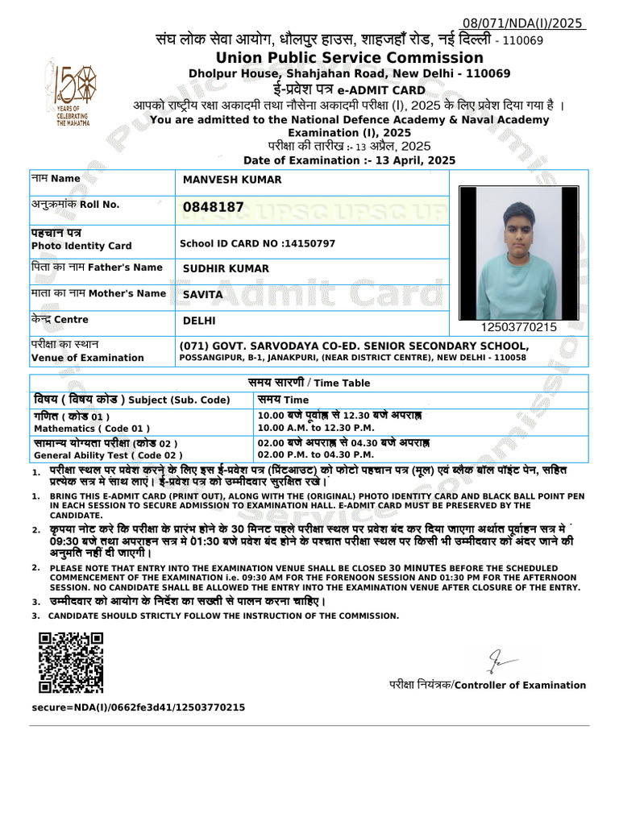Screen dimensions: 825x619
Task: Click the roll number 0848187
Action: tap(214, 208)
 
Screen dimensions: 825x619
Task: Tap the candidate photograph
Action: tap(518, 253)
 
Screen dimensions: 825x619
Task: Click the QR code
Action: tap(71, 662)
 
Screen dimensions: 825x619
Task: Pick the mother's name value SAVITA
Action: tap(203, 295)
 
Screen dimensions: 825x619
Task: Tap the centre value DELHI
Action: tap(200, 321)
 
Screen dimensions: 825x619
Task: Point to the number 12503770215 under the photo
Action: tap(518, 327)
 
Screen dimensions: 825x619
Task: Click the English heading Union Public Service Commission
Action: tap(349, 58)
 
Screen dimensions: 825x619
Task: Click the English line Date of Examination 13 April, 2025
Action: tap(349, 160)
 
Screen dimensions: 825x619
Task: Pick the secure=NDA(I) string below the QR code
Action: tap(139, 707)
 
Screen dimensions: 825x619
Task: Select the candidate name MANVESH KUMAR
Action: tap(232, 180)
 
